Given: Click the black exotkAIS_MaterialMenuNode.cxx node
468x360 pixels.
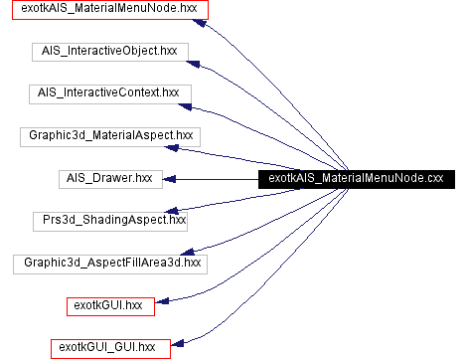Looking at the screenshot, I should [x=357, y=178].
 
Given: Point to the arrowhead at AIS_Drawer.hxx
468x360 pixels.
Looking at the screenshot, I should [x=170, y=179].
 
